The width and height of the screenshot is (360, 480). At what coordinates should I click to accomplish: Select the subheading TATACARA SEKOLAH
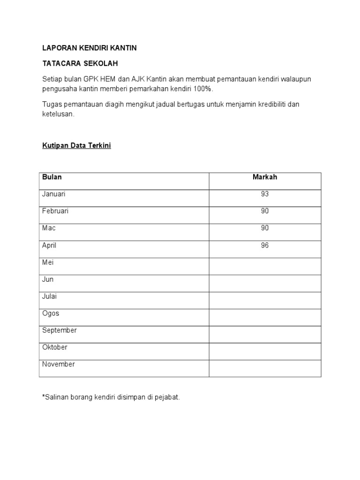click(80, 63)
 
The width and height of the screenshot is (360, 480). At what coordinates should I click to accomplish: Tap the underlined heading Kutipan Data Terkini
click(76, 146)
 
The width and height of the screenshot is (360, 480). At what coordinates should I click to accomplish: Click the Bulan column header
click(52, 177)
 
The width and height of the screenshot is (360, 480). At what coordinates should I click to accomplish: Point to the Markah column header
click(265, 177)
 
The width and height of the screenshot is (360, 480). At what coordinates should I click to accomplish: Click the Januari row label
click(54, 194)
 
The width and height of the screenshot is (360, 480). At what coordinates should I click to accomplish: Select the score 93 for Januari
click(265, 194)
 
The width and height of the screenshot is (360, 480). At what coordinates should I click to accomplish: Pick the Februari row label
click(55, 211)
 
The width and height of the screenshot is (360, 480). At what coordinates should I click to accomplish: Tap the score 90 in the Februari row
click(265, 211)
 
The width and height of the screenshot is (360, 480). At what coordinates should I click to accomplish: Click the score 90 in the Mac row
click(265, 228)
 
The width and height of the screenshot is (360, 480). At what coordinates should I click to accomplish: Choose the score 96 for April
click(265, 245)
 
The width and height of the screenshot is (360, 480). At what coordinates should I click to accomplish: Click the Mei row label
click(48, 262)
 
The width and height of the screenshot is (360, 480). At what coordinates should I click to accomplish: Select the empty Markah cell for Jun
click(265, 283)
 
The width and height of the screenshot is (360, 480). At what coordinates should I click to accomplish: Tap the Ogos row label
click(51, 314)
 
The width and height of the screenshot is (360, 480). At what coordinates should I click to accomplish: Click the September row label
click(60, 330)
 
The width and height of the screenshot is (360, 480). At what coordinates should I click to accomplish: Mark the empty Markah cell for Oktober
click(265, 351)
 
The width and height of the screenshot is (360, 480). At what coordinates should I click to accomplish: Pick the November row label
click(59, 364)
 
